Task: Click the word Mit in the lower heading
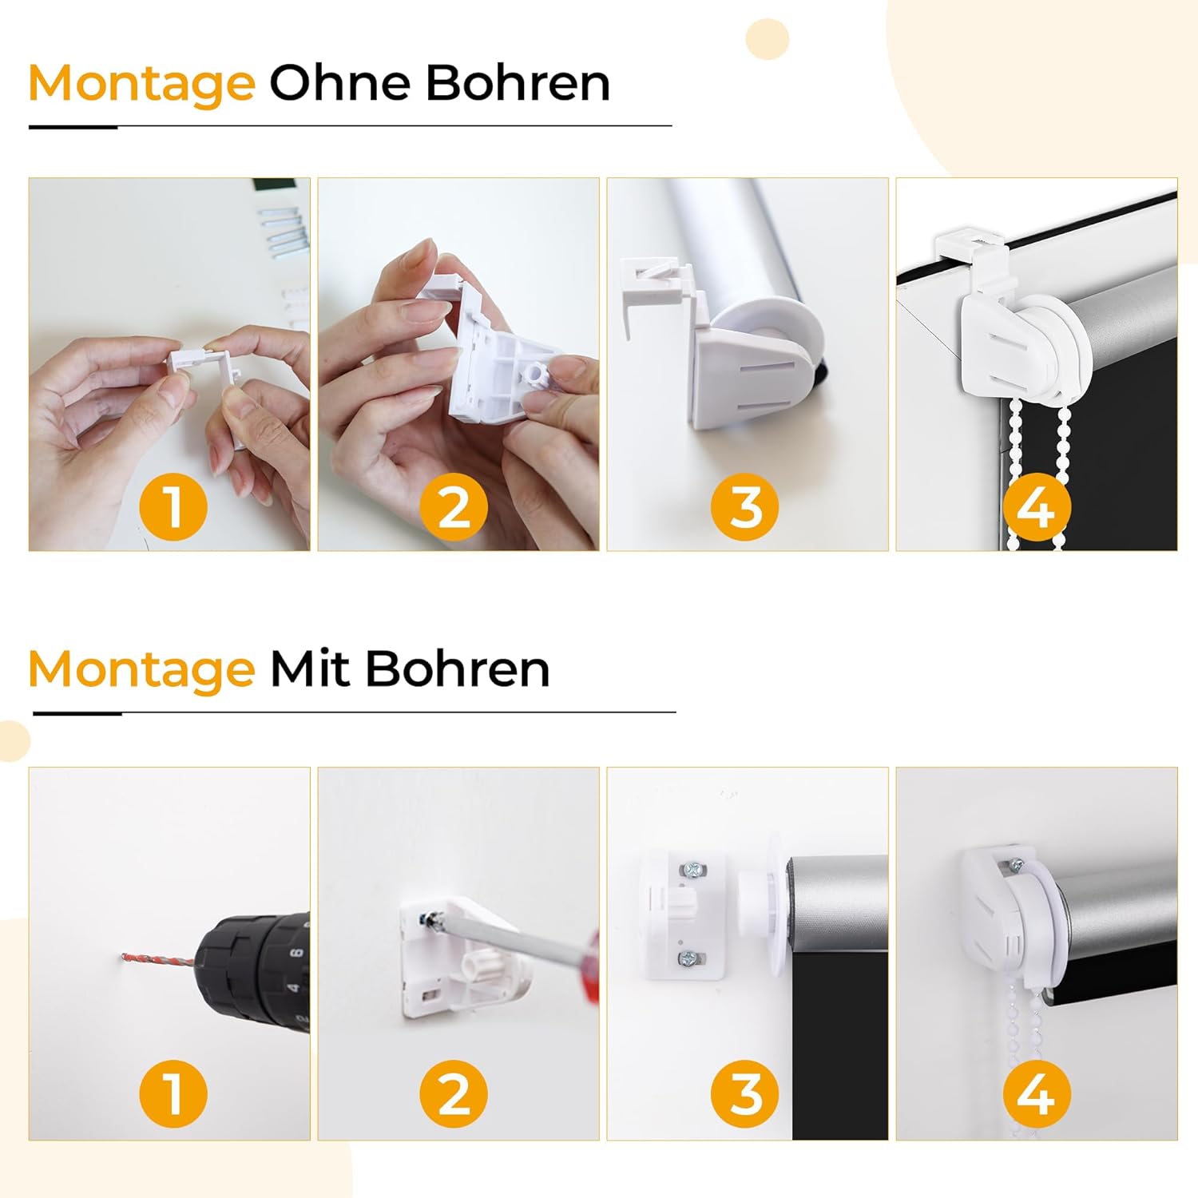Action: coord(310,668)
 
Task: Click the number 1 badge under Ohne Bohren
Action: coord(173,507)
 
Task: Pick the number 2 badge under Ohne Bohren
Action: coord(454,507)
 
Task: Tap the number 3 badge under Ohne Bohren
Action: coord(745,507)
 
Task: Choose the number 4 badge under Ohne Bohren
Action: coord(1036,507)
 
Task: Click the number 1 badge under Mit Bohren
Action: coord(173,1093)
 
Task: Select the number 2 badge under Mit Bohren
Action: coord(454,1093)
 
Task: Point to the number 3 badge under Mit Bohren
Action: coord(745,1093)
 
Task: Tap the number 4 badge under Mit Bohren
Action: coord(1036,1093)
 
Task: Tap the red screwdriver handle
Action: coord(588,966)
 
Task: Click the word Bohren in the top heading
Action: coord(518,82)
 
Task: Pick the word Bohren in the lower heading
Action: coord(458,668)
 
